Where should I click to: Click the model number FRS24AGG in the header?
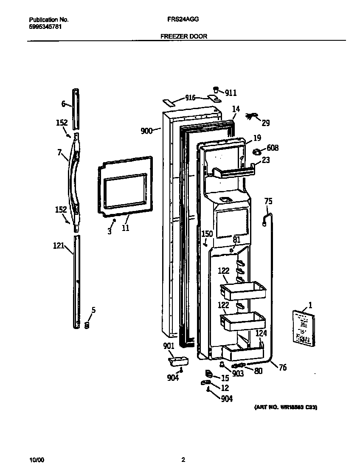point(186,20)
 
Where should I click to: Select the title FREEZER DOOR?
point(184,37)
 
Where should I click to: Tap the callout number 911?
point(231,93)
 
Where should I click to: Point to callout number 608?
point(273,148)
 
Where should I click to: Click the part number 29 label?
point(265,123)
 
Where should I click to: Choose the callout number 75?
point(268,201)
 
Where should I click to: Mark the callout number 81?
point(236,239)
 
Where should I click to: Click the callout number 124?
point(261,334)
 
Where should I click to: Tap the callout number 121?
point(59,245)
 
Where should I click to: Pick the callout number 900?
point(146,131)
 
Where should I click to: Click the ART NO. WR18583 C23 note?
point(285,407)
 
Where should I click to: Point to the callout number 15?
point(225,378)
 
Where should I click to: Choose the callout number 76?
point(282,367)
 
